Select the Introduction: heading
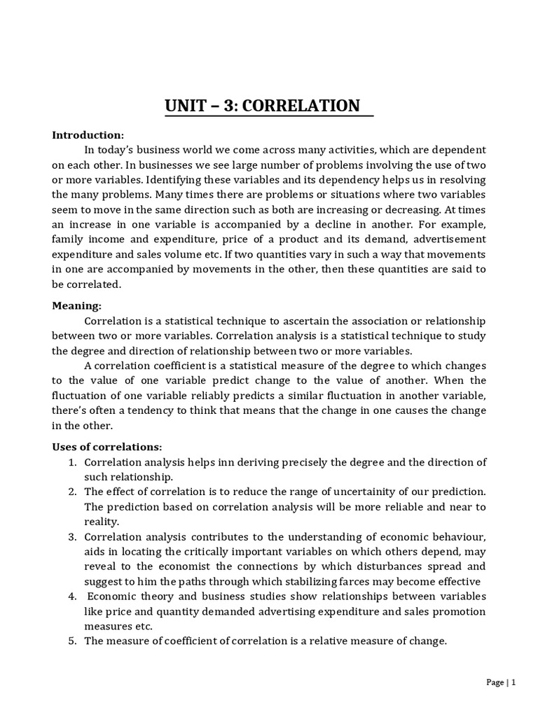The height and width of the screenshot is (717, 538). [x=88, y=134]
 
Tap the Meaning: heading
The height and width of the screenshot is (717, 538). [x=77, y=305]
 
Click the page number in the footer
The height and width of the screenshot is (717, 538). [x=514, y=683]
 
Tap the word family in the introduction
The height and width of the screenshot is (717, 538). [x=68, y=239]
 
